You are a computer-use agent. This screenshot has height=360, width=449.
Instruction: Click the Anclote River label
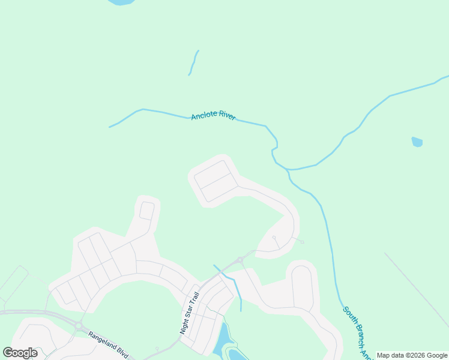[x=213, y=116]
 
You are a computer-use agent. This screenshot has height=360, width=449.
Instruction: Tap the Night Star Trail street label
[x=189, y=313]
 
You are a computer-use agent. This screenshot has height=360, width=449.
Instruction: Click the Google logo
[x=20, y=353]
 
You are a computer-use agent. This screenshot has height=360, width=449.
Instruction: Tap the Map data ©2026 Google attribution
[x=412, y=355]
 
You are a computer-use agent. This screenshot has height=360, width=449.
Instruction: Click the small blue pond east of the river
[x=417, y=142]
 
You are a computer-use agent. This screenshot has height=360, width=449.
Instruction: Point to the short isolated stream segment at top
[x=193, y=63]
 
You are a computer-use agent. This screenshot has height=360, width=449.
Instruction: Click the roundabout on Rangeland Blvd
[x=79, y=325]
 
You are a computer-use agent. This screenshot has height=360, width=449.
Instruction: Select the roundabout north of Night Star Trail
[x=240, y=260]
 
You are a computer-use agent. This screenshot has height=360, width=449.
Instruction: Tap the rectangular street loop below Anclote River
[x=214, y=181]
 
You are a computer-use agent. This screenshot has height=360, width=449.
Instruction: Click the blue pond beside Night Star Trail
[x=221, y=338]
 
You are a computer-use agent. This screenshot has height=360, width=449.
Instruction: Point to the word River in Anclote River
[x=227, y=115]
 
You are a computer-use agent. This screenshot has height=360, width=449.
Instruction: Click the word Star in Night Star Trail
[x=190, y=312]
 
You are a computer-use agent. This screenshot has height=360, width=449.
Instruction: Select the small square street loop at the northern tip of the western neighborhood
[x=147, y=211]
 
